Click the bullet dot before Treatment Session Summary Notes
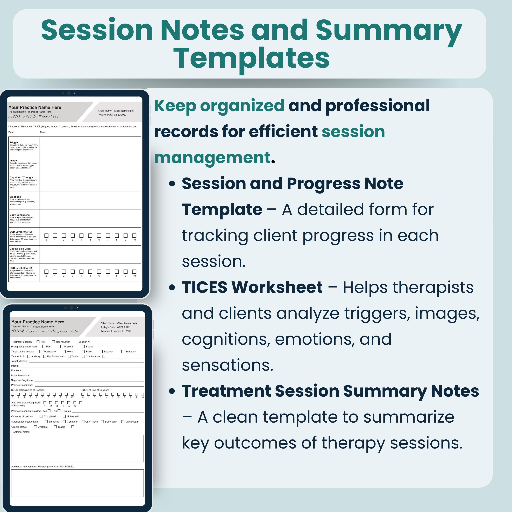pyautogui.click(x=172, y=391)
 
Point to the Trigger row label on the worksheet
pyautogui.click(x=14, y=142)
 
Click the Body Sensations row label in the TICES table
pyautogui.click(x=20, y=215)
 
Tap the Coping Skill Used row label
pyautogui.click(x=20, y=249)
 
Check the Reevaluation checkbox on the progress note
pyautogui.click(x=54, y=342)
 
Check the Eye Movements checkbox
pyautogui.click(x=45, y=357)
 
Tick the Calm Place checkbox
pyautogui.click(x=83, y=422)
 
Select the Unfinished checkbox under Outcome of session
pyautogui.click(x=64, y=416)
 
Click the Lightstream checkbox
pyautogui.click(x=123, y=422)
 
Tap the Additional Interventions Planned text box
pyautogui.click(x=77, y=483)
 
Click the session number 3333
pyautogui.click(x=128, y=331)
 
